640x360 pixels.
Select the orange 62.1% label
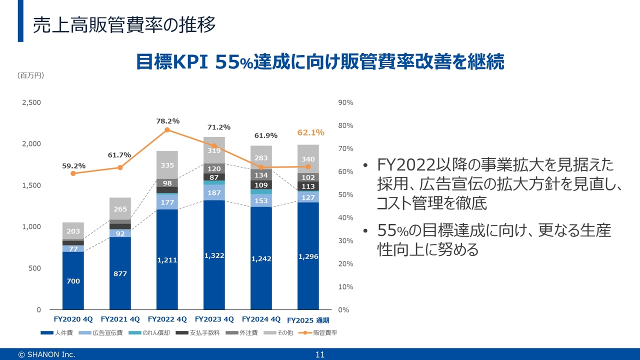point(310,132)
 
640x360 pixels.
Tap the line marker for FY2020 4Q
point(73,173)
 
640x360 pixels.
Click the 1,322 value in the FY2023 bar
point(214,255)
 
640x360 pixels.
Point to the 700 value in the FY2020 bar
point(73,281)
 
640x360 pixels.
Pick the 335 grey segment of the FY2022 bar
point(167,165)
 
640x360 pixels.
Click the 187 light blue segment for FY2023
point(214,193)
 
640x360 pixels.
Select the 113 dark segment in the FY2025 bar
point(308,186)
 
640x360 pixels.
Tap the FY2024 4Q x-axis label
point(261,319)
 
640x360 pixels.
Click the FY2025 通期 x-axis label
point(311,320)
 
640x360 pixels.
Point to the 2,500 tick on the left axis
point(31,102)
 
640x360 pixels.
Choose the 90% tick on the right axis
point(346,102)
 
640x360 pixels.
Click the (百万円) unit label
point(31,75)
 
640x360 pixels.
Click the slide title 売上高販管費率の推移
point(124,24)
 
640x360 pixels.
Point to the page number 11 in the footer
point(320,354)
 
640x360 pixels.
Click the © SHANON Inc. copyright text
point(46,354)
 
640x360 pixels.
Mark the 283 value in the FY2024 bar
point(261,158)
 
